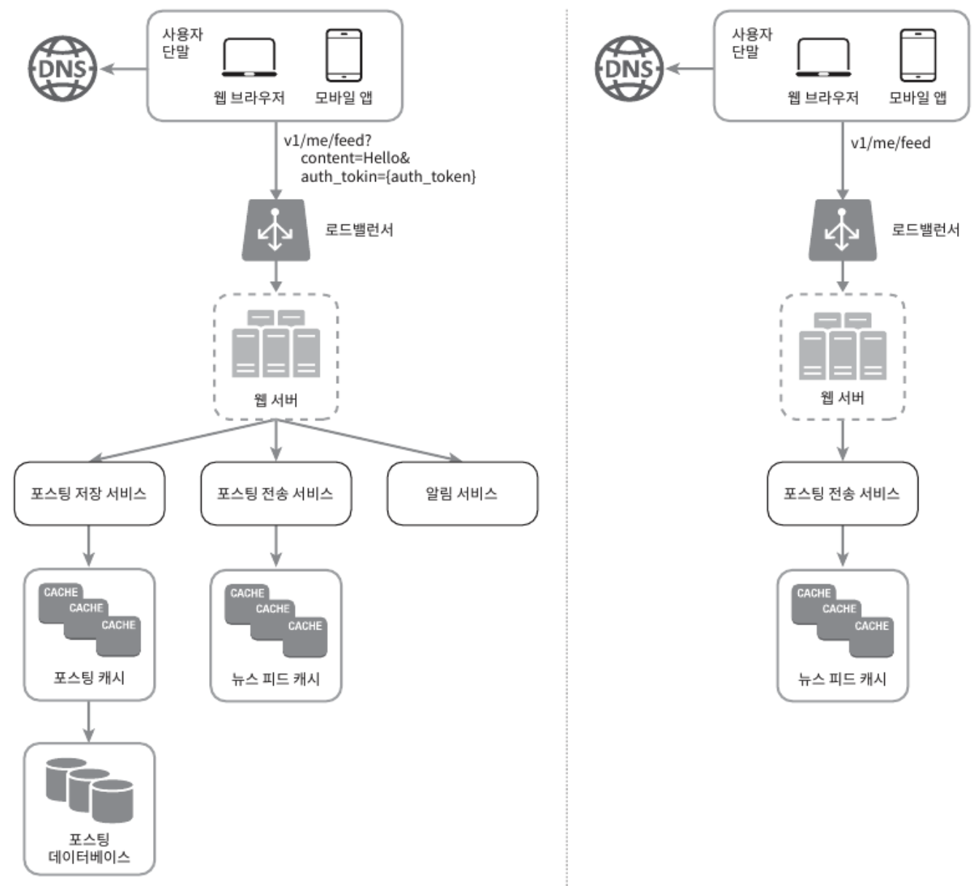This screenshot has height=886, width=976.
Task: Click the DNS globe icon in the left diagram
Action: pos(63,68)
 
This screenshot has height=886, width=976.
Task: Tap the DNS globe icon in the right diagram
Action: pos(629,68)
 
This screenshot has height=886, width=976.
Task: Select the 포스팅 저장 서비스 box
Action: pos(89,493)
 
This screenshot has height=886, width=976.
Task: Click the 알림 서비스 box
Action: pos(462,493)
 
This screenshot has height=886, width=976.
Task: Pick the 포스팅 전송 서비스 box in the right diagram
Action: pos(842,493)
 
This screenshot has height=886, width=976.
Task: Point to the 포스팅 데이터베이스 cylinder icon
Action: pos(90,790)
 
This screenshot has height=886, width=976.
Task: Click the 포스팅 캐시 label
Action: pos(89,678)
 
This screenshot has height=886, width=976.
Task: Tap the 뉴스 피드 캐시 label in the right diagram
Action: pos(842,678)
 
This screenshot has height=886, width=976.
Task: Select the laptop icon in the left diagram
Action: pos(249,58)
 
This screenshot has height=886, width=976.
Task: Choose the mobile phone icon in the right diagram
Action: pos(918,55)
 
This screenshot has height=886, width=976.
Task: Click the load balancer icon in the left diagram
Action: pos(275,230)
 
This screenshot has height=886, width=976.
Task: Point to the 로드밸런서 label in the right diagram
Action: pos(926,230)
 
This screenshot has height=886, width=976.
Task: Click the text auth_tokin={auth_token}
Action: pos(388,176)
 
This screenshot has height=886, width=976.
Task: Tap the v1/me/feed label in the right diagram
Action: pos(890,143)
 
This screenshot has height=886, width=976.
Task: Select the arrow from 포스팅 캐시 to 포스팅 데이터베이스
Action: pos(89,721)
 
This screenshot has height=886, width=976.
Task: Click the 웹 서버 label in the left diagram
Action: pos(275,399)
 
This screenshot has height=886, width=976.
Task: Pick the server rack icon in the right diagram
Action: pos(842,346)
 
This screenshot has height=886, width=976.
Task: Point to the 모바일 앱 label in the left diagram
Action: pos(344,98)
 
